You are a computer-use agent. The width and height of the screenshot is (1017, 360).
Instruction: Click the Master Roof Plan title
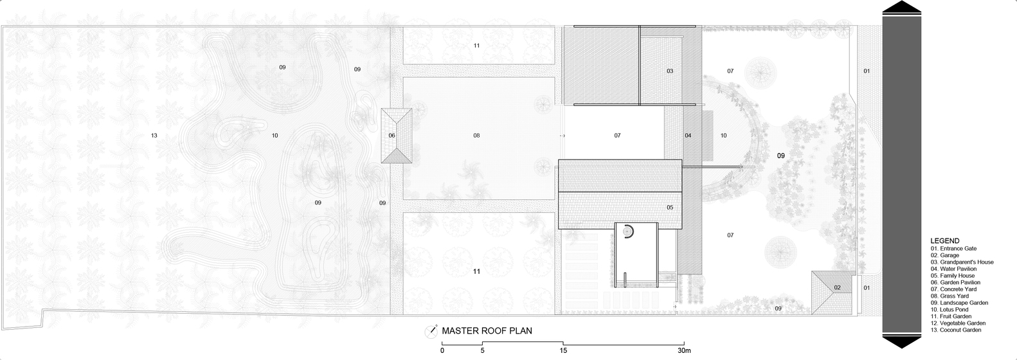point(487,331)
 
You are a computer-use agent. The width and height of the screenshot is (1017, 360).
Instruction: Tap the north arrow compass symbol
point(431,332)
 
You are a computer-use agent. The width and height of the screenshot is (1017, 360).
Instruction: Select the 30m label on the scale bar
point(684,350)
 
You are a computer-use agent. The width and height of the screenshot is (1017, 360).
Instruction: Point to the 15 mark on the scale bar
point(563,350)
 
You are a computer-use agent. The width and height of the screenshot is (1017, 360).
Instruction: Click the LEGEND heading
point(945,241)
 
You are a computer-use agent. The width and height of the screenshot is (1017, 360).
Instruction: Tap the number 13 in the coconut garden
point(154,135)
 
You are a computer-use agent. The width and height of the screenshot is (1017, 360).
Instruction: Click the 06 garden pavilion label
point(392,135)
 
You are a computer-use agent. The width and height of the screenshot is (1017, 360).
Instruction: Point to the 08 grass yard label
point(476,135)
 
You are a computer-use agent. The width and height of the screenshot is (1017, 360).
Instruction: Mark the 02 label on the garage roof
point(837,287)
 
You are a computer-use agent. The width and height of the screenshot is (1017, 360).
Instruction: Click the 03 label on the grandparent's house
point(670,71)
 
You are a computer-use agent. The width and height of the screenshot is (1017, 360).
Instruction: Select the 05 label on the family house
point(670,208)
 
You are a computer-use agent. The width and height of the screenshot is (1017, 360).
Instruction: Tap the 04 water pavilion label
point(688,135)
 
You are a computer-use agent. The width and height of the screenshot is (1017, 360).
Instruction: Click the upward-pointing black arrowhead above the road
point(902,8)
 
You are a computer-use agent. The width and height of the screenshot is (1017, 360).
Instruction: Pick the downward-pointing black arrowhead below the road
point(902,341)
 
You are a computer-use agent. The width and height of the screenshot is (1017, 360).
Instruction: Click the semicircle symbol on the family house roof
point(629,231)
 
